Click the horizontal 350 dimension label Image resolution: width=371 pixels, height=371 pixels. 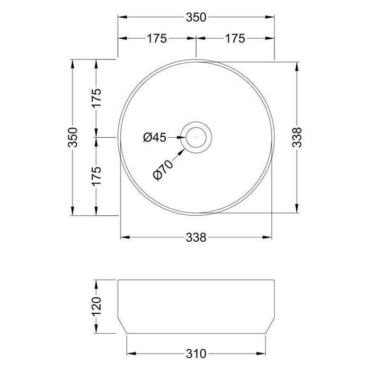pos(196,17)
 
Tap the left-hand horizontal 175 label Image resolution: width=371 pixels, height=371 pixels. pos(157,38)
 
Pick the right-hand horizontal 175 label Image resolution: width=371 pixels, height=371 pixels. pos(234,38)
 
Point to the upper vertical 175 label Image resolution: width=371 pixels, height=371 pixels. pos(96,98)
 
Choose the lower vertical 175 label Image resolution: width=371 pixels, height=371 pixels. pos(96,176)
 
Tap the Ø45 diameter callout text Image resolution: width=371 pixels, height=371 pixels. pos(155,137)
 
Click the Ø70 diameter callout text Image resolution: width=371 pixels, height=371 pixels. pos(163,169)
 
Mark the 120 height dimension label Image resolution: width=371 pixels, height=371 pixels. pos(96,305)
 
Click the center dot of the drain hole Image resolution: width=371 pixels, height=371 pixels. pos(196,137)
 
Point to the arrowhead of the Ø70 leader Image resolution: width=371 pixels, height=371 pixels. pos(184,151)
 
